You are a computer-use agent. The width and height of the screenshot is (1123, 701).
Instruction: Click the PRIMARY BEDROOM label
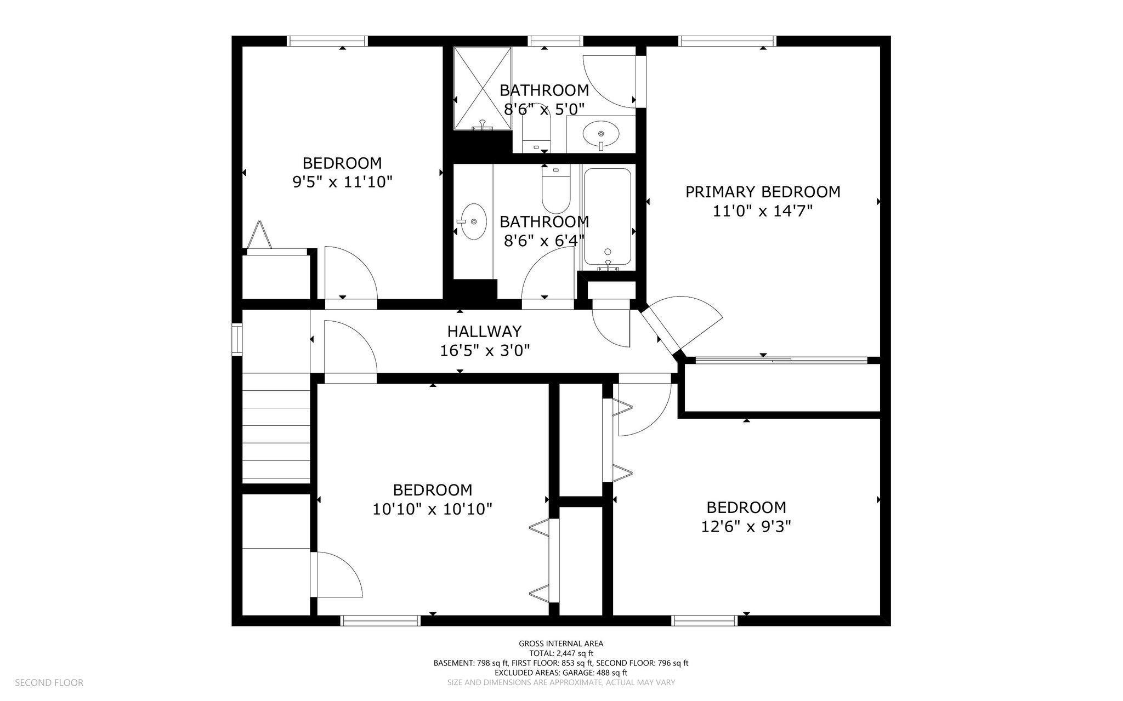tap(763, 192)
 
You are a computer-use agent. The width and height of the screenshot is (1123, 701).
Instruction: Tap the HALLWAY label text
tap(484, 332)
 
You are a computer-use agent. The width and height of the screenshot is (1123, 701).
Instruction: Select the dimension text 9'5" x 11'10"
tap(343, 182)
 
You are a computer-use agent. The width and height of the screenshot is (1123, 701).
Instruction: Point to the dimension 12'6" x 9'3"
tap(746, 527)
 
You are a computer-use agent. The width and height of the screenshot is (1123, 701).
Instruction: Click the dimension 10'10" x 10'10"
tap(433, 509)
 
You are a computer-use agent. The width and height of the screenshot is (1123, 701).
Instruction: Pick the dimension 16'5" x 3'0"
tap(485, 350)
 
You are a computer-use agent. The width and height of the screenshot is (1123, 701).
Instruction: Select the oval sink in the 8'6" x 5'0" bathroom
tap(601, 134)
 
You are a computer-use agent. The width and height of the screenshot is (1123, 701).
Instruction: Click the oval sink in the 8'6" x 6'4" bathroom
tap(473, 221)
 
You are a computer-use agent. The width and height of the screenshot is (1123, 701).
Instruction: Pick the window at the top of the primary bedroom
tap(727, 41)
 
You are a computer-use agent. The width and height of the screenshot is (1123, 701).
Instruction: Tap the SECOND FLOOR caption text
tap(49, 683)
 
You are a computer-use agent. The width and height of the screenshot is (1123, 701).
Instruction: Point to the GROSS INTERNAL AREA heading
tap(561, 643)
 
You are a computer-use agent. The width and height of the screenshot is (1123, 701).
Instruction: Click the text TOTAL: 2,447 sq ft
tap(561, 653)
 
